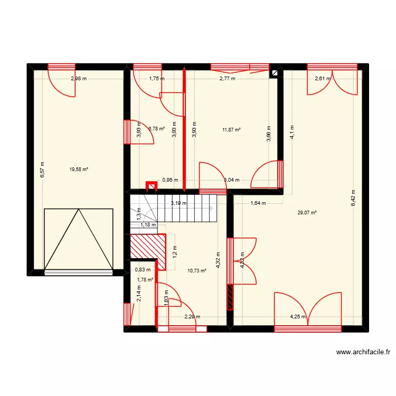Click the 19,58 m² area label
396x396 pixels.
point(79,169)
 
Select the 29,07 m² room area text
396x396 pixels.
point(307,213)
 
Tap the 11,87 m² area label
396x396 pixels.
point(231,130)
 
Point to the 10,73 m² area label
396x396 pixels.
point(196,271)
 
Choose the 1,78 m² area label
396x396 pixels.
point(145,280)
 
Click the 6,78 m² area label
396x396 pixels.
point(156,128)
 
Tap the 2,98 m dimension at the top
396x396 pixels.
point(79,79)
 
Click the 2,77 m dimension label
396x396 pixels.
point(228,79)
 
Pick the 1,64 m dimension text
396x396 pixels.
point(258,203)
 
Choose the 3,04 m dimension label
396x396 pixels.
point(231,180)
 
